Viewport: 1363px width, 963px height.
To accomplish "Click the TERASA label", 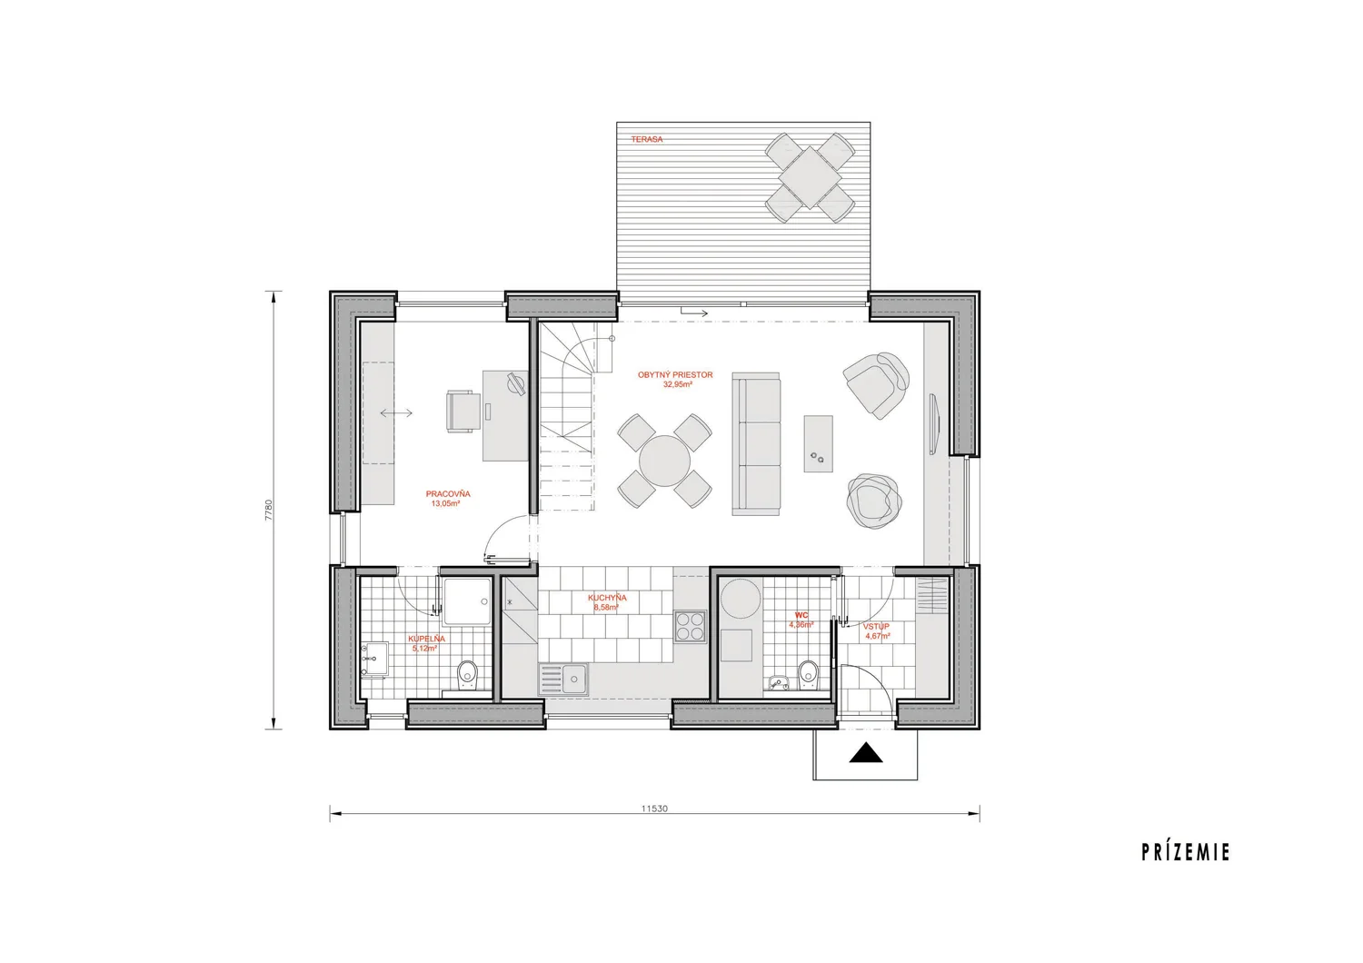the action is click(647, 139).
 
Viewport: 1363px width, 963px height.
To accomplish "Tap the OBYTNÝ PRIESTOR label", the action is click(675, 375).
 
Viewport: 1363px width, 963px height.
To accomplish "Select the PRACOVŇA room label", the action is click(448, 494).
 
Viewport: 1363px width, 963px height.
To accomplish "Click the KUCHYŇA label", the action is click(607, 598).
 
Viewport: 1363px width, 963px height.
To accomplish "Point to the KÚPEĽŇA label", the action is click(426, 639).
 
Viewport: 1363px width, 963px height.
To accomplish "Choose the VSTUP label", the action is click(876, 627).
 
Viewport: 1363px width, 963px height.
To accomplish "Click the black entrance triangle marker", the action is click(866, 752).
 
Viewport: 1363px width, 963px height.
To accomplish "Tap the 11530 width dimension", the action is click(654, 809).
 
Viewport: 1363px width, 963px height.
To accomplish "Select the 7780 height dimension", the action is click(269, 511).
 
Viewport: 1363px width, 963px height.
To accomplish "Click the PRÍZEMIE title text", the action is click(1186, 853).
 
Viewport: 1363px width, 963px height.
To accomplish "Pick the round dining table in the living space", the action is click(664, 461).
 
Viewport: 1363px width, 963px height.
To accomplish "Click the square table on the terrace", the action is click(810, 178).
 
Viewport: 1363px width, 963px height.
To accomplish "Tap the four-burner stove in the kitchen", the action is click(690, 627).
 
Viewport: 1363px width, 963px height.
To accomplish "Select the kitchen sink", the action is click(562, 679).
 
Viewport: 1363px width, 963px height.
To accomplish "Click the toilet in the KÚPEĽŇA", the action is click(467, 675).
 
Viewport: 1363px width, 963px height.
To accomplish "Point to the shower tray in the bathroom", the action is click(467, 601).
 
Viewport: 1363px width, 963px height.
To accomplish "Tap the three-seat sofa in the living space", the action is click(756, 444).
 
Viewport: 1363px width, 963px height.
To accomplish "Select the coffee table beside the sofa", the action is click(818, 443).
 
